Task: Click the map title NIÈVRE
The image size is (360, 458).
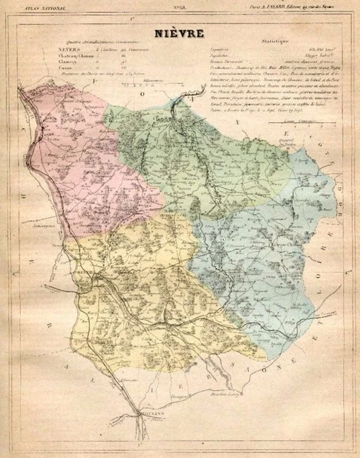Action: [179, 34]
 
